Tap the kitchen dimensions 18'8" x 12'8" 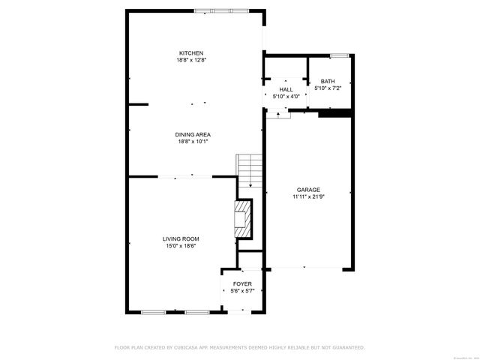coord(192,59)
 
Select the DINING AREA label coord(192,134)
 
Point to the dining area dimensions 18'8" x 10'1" coord(192,141)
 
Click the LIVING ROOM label coord(181,238)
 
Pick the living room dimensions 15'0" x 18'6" coord(181,245)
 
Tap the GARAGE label coord(307,190)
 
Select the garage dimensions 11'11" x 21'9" coord(307,196)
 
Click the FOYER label coord(241,283)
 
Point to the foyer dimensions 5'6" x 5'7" coord(241,290)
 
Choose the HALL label coord(286,89)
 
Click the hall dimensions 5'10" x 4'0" coord(286,96)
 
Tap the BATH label coord(328,81)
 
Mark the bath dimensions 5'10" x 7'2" coord(328,88)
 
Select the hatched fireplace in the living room coord(244,218)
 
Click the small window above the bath coord(339,55)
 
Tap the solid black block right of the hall coord(335,114)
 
